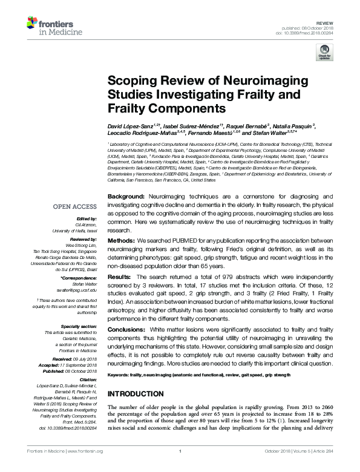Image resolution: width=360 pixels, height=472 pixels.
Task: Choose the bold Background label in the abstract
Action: (126, 197)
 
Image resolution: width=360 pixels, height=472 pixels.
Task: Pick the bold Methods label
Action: (122, 241)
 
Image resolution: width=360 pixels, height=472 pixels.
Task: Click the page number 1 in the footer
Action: (180, 467)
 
